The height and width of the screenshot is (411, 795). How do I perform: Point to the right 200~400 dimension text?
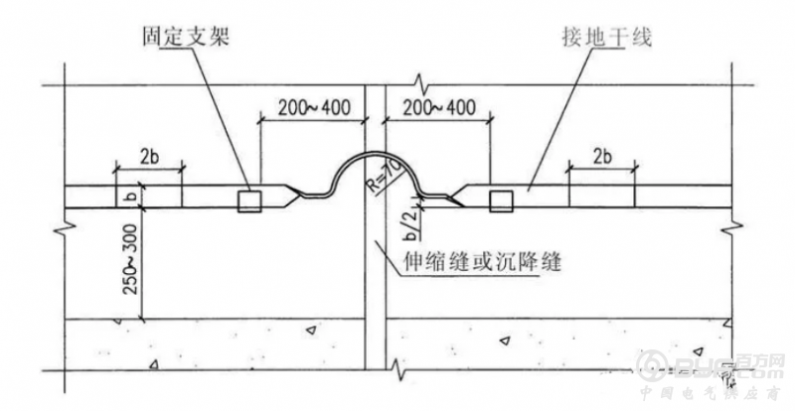(x=436, y=106)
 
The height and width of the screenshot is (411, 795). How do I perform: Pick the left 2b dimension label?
(x=149, y=156)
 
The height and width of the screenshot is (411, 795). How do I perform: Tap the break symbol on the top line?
(x=423, y=79)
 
